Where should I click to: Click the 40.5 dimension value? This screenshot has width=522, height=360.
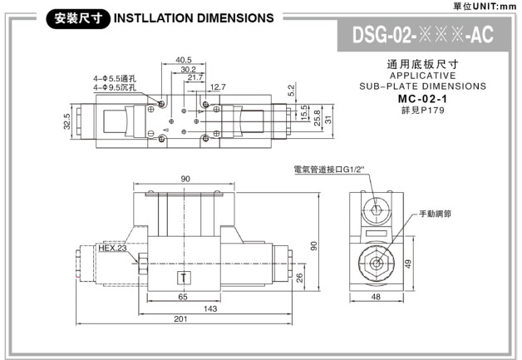coord(185,60)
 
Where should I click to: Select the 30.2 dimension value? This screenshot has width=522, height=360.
coord(188,69)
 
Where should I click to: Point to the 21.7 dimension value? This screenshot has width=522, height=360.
coord(195,77)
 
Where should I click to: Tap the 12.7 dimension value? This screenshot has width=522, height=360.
coord(218,86)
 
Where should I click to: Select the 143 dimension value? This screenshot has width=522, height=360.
coord(209,308)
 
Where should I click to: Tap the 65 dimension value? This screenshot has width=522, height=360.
coord(181,296)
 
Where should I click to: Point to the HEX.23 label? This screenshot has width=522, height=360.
coord(112,248)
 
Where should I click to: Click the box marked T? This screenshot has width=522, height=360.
coord(183,277)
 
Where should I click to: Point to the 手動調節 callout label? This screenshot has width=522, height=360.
coord(435,214)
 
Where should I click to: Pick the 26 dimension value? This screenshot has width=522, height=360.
coord(298,277)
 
